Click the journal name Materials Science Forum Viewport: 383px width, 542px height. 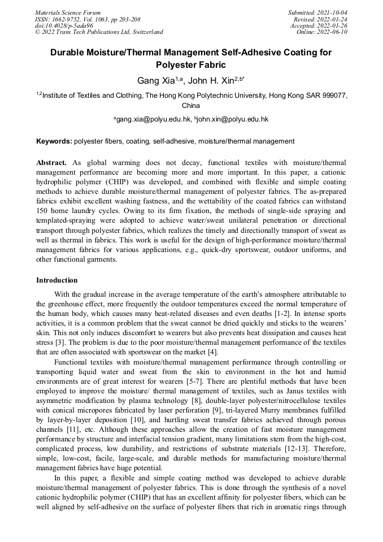68,12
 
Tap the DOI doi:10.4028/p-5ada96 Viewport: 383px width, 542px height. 64,25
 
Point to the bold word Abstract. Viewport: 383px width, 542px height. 51,163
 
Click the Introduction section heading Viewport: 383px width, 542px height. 57,280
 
